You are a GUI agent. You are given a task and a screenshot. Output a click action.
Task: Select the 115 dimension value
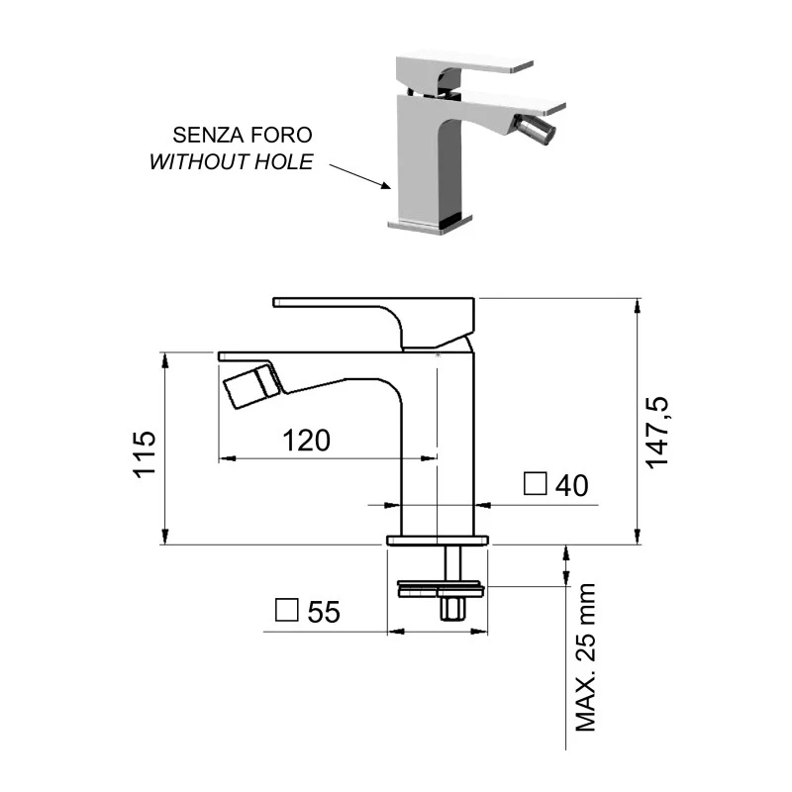146,452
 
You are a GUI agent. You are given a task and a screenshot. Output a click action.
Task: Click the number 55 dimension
324,613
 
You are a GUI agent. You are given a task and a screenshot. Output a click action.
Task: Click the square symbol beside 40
536,484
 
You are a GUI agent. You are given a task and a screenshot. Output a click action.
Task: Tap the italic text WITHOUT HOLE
231,161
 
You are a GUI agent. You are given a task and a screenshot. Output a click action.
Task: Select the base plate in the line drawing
439,540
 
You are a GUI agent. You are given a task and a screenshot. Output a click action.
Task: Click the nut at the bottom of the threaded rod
453,607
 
